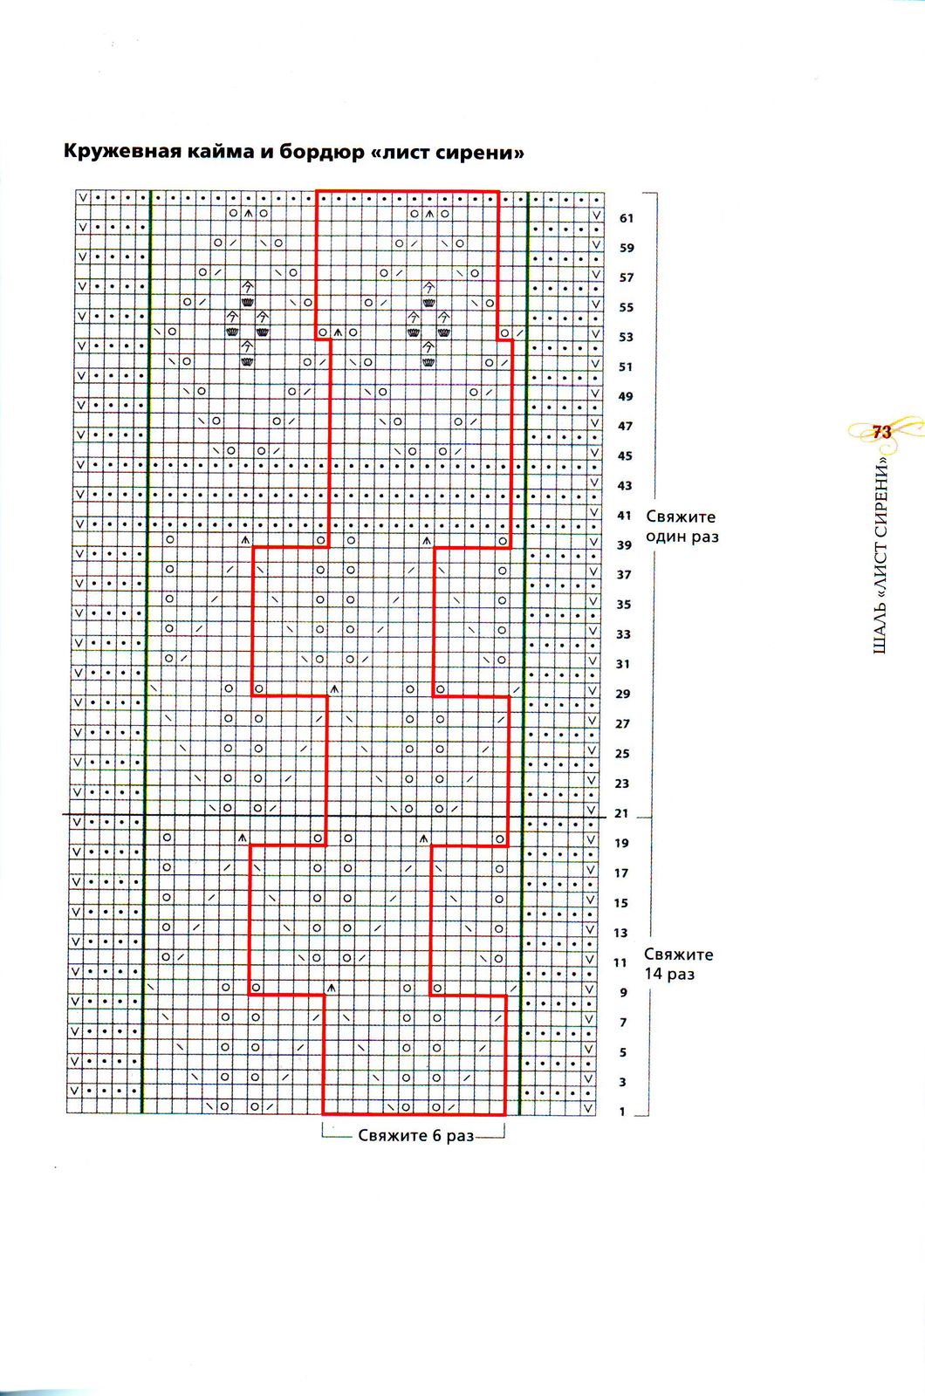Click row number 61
626,218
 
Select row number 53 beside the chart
626,337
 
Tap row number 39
624,544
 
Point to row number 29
622,694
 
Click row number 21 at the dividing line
621,813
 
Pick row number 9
623,992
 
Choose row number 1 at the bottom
623,1112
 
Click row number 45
625,455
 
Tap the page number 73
881,431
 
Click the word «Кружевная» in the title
120,152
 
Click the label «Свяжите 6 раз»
415,1135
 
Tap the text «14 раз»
669,974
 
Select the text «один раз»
682,537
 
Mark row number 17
621,872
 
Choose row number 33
623,634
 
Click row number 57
626,277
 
